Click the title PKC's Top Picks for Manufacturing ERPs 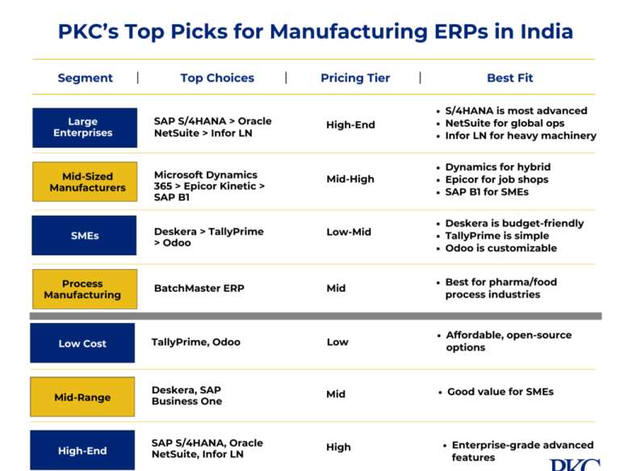point(315,32)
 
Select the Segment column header point(85,78)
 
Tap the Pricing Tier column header point(354,78)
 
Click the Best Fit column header point(509,78)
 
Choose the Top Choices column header point(217,78)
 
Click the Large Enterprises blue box point(84,128)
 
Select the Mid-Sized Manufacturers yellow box point(84,182)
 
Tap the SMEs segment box point(84,236)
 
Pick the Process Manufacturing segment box point(84,289)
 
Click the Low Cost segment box point(82,343)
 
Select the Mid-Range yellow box point(82,397)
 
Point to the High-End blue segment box point(82,451)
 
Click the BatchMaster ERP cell point(199,288)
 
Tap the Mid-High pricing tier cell point(350,179)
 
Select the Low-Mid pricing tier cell point(349,232)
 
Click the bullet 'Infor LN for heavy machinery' point(520,136)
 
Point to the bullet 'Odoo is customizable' point(501,248)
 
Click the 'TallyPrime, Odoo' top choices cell point(195,342)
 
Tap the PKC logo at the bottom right point(575,465)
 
